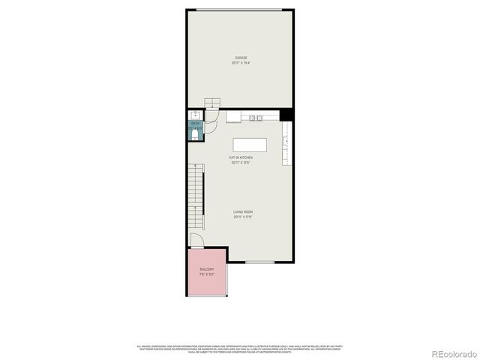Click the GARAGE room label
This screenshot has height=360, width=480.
[x=241, y=58]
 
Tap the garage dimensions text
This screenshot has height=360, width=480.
[x=241, y=62]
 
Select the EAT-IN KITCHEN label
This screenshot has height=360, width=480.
[x=241, y=157]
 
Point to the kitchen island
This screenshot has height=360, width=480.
[x=250, y=145]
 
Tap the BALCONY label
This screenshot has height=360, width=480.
[x=207, y=269]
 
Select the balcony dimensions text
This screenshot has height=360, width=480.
[x=207, y=274]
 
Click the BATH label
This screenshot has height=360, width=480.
[x=195, y=124]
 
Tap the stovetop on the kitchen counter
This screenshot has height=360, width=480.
[x=256, y=118]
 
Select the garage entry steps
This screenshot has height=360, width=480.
[x=214, y=104]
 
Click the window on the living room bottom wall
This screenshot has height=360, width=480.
[x=259, y=261]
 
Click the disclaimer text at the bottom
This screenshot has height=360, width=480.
[x=240, y=348]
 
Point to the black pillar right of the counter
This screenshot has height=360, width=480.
[x=285, y=114]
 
